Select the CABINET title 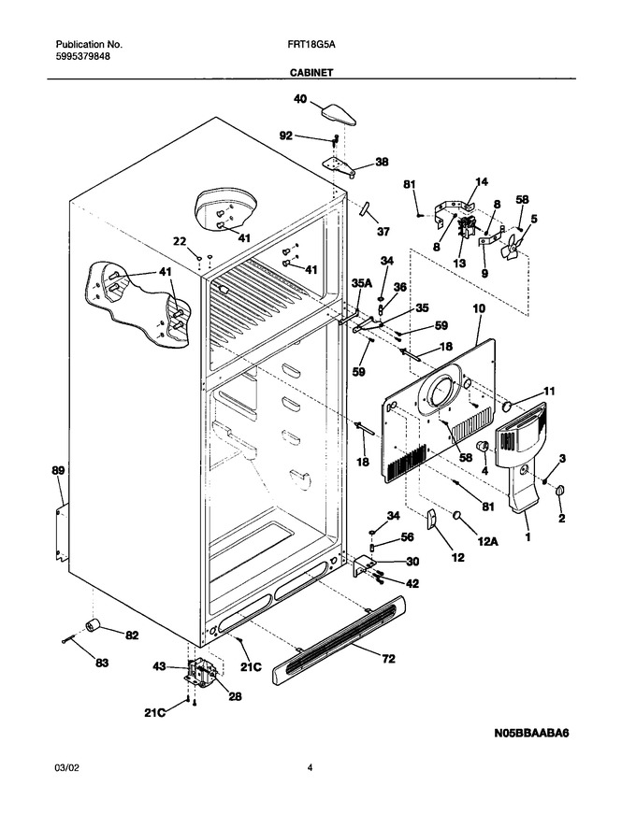click(311, 73)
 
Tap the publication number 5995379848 click(82, 57)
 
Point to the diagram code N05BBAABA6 click(531, 734)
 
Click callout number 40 click(300, 99)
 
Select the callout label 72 click(388, 659)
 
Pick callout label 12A click(488, 541)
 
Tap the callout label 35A click(362, 282)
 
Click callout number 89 click(58, 471)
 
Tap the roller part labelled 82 click(94, 626)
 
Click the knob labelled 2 click(559, 490)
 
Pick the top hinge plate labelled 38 click(339, 167)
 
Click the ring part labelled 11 click(508, 406)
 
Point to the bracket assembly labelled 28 click(201, 674)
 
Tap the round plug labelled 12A click(457, 515)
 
